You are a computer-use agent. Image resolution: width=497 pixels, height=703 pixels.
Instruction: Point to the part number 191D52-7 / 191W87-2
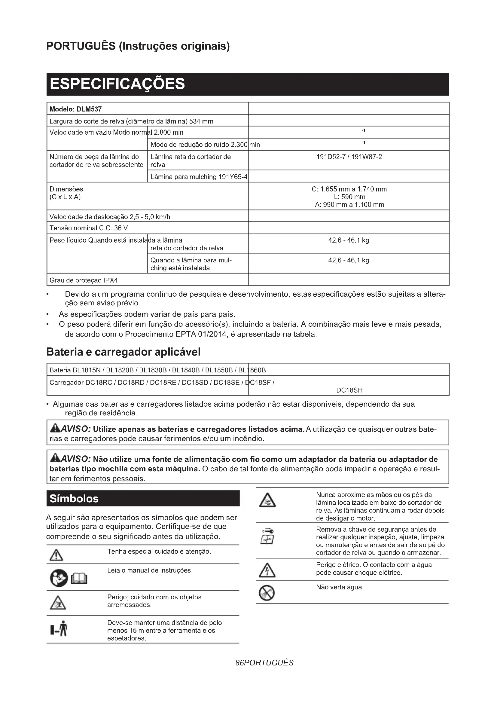(x=349, y=157)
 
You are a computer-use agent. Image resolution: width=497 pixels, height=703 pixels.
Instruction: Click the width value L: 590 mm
(x=349, y=197)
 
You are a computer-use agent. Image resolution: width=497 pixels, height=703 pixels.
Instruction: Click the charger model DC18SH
(x=349, y=390)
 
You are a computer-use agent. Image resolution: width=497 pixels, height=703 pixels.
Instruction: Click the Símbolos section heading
(x=74, y=498)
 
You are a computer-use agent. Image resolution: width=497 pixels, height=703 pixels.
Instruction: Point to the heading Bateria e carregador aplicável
(x=123, y=352)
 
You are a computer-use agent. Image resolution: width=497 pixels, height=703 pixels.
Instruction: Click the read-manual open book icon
(x=79, y=578)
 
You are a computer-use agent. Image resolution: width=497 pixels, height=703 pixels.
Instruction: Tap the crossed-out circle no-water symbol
(x=267, y=593)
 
